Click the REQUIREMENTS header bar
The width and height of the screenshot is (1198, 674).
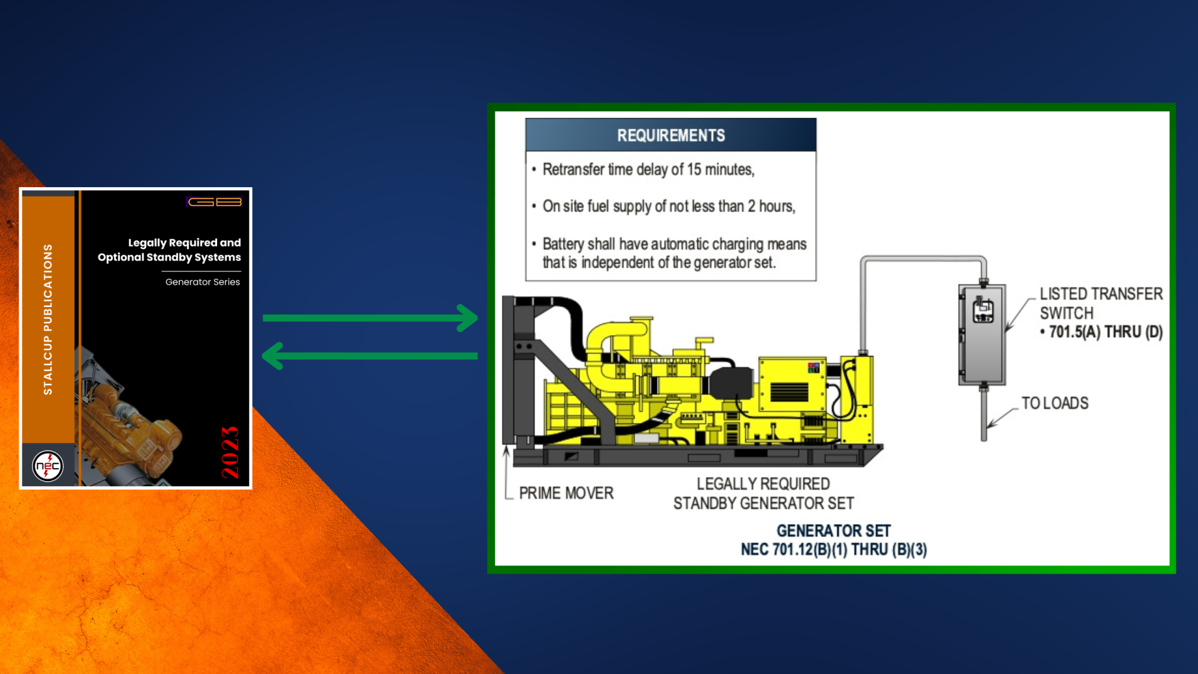click(671, 135)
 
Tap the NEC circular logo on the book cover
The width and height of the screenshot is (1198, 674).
click(48, 466)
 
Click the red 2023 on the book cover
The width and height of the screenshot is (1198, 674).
click(230, 452)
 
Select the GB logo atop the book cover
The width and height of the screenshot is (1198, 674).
click(215, 202)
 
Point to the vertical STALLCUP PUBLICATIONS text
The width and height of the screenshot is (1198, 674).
click(48, 319)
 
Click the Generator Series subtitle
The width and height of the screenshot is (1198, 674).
click(203, 282)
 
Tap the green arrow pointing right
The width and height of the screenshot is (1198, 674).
click(370, 318)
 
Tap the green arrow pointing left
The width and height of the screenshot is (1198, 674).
click(370, 356)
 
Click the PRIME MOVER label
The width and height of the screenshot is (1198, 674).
click(567, 493)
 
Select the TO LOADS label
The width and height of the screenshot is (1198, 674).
click(1055, 403)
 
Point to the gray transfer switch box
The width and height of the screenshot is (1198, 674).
click(982, 335)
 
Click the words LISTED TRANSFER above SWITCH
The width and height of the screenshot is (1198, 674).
click(1101, 294)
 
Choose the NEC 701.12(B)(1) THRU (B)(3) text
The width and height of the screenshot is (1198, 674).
click(834, 550)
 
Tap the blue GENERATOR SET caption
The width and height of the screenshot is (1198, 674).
click(834, 531)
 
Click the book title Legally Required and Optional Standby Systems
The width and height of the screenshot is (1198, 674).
click(169, 250)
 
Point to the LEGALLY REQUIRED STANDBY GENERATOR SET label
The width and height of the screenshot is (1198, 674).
click(764, 494)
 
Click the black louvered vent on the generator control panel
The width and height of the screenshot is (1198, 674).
click(789, 392)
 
